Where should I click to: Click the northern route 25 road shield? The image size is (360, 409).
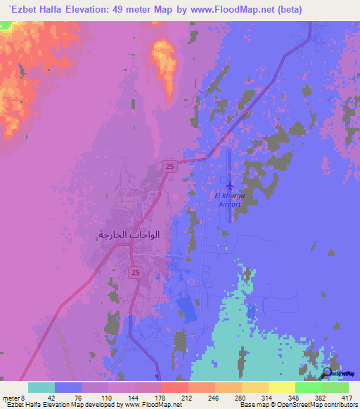pos(170,165)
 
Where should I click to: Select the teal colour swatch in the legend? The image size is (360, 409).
pos(41,387)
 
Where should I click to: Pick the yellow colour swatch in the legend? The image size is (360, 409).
pos(282,387)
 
